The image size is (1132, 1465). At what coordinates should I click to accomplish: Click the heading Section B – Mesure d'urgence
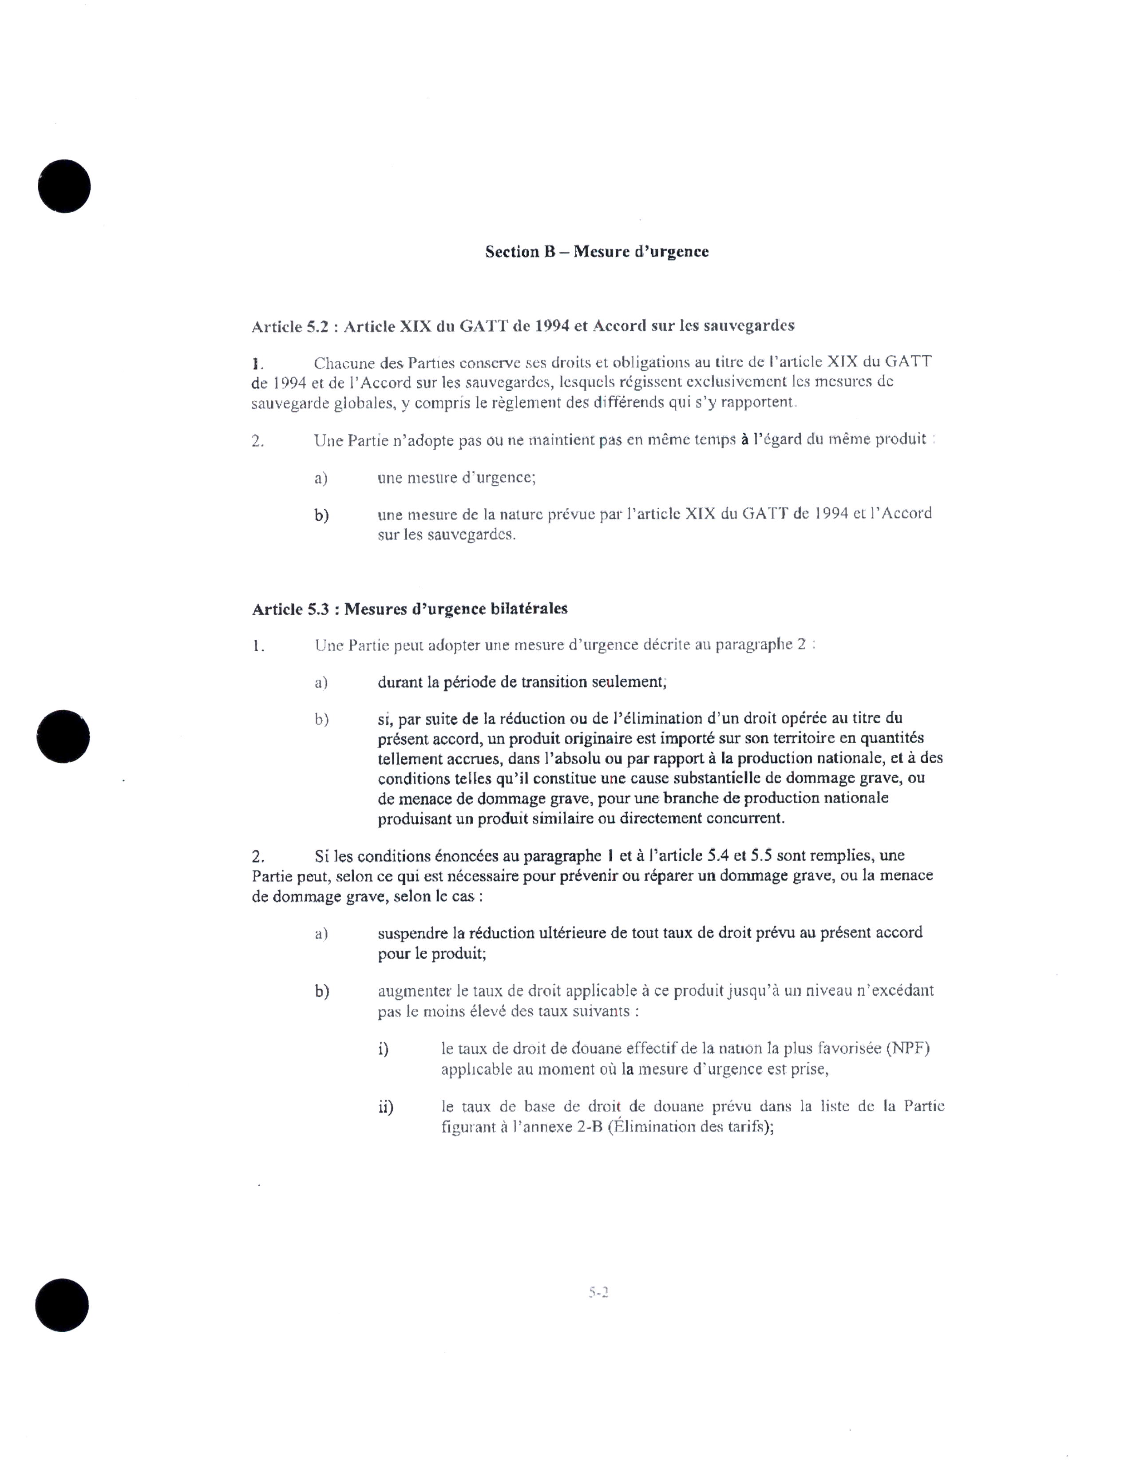pos(596,252)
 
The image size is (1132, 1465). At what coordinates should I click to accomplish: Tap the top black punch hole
pos(64,186)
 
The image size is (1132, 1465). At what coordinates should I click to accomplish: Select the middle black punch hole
pos(64,736)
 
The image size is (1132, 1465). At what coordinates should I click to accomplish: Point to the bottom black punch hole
pos(62,1305)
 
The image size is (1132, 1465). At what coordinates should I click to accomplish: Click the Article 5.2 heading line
pos(522,326)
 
